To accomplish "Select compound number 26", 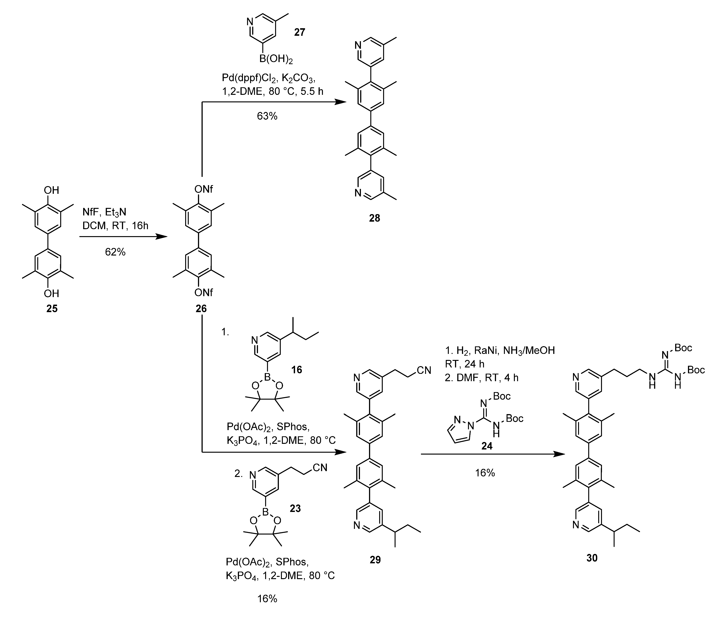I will click(x=201, y=308).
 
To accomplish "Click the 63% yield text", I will click(x=267, y=116).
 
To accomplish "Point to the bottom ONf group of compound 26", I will click(x=204, y=293).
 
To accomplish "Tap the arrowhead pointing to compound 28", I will click(x=341, y=102).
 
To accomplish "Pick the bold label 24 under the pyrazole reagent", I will click(x=487, y=446).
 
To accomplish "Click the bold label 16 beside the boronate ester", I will click(x=297, y=370).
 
